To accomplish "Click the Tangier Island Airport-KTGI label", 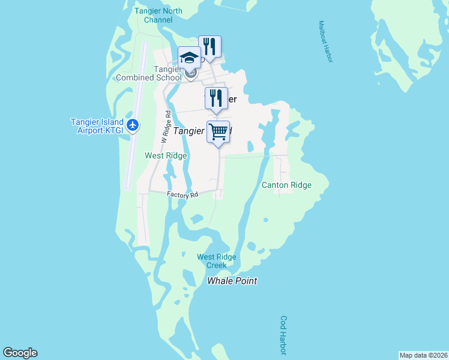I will (97, 126).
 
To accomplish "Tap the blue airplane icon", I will (133, 126).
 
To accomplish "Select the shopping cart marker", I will (218, 131).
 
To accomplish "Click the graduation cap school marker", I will (189, 58).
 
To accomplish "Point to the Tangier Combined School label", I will (149, 73).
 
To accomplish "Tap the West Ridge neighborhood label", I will (166, 155).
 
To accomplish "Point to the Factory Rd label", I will (182, 195).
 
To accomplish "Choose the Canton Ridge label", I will (286, 185).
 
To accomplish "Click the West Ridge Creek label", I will (217, 261).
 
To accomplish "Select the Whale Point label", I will (232, 281).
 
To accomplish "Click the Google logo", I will (20, 353).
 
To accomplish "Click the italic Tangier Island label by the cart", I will (190, 130).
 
